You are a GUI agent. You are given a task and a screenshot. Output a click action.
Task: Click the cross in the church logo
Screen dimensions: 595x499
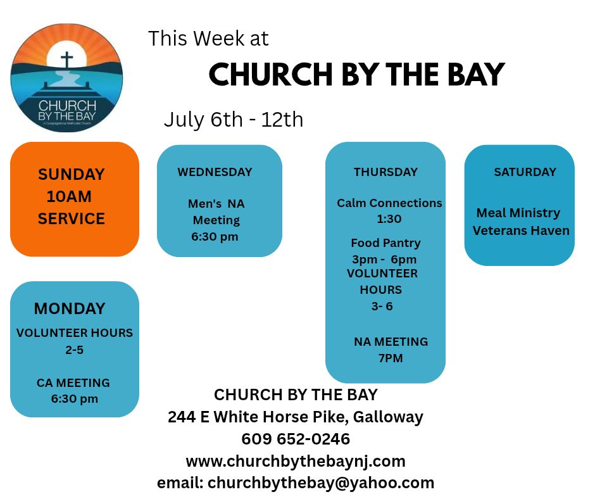(x=67, y=60)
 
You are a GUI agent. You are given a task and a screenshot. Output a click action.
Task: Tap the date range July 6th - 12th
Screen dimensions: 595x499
(x=234, y=120)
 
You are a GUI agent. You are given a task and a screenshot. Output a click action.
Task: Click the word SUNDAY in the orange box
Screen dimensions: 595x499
(x=72, y=174)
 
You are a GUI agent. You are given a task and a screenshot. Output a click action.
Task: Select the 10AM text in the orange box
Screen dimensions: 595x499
(x=69, y=197)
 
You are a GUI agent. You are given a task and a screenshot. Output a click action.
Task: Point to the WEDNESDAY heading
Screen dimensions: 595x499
(x=215, y=172)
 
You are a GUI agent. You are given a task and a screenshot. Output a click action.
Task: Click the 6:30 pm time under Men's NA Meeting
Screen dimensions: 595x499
(x=215, y=237)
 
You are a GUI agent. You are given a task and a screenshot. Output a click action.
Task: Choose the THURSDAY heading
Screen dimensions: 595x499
(x=385, y=172)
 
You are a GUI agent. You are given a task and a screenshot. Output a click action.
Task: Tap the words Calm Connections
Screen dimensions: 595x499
(x=389, y=203)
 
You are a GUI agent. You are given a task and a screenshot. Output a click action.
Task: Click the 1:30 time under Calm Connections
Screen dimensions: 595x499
(x=389, y=219)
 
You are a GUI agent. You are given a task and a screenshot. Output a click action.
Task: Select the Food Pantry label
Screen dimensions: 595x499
(x=385, y=243)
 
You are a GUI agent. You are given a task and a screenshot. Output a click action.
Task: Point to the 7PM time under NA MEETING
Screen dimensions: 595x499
(x=391, y=358)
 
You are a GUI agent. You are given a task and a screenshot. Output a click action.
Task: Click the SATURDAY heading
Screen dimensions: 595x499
(x=525, y=172)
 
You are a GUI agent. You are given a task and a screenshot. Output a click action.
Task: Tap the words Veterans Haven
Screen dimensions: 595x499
(x=521, y=231)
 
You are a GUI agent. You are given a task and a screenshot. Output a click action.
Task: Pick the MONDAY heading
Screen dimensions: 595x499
(x=70, y=308)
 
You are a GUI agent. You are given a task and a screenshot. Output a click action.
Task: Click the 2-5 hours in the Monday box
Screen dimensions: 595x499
(x=75, y=350)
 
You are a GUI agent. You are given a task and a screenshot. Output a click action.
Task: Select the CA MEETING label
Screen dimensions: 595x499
(x=73, y=382)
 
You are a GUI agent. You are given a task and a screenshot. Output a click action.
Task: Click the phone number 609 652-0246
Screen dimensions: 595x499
(x=296, y=439)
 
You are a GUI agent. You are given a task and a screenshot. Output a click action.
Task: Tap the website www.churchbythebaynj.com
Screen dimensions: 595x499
(x=296, y=462)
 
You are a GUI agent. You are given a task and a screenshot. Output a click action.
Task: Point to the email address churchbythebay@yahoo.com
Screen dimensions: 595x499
(x=321, y=483)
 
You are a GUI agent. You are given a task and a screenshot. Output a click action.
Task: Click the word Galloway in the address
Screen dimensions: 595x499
(x=388, y=417)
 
